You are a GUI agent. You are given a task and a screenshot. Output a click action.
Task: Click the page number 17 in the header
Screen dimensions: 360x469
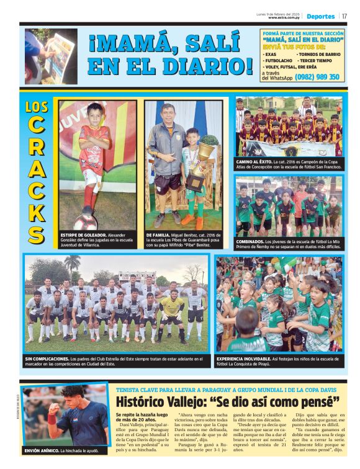click(344, 16)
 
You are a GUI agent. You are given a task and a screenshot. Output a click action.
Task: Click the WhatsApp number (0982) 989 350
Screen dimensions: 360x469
click(318, 77)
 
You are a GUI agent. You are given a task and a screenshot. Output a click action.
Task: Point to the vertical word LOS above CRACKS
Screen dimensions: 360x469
click(37, 107)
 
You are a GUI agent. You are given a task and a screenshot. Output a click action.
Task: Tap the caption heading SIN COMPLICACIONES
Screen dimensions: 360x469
click(47, 359)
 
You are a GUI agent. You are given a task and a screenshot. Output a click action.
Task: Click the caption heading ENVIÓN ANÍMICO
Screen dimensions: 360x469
click(41, 450)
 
